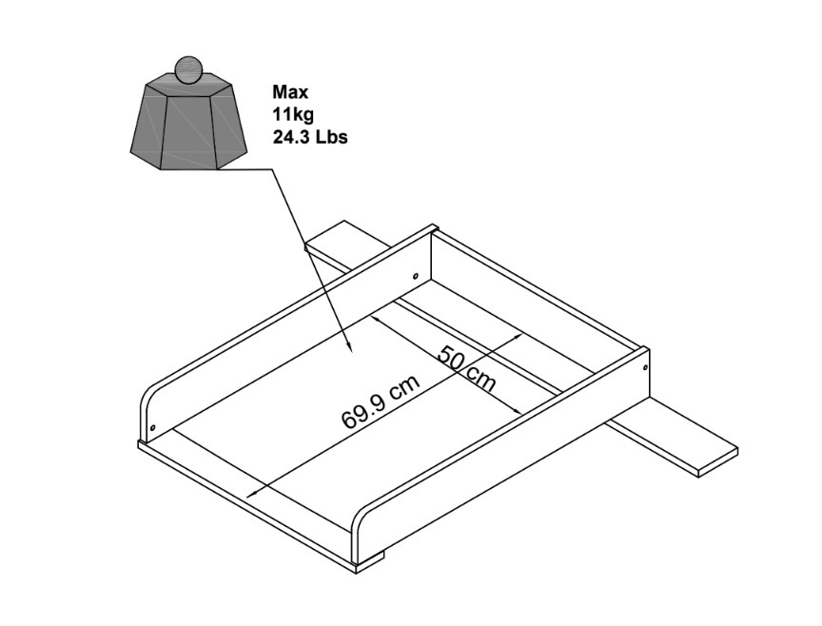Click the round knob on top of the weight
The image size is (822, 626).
point(187,69)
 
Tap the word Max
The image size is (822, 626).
point(290,92)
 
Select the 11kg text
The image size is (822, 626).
point(293,114)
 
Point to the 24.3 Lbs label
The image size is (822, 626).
point(310,137)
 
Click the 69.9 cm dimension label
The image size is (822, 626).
point(381,402)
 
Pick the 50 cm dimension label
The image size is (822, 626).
point(466,368)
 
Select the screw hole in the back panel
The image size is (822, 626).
point(416,275)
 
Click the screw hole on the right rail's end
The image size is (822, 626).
point(645,367)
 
